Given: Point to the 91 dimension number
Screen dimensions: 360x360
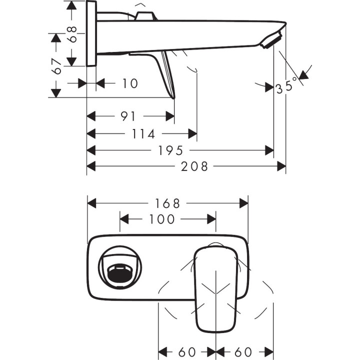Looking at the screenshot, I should click(x=128, y=116).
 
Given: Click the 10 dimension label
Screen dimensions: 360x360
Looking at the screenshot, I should click(x=129, y=83).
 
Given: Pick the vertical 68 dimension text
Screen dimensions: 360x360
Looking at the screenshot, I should click(x=73, y=34).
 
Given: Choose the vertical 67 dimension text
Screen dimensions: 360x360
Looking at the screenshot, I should click(x=56, y=66).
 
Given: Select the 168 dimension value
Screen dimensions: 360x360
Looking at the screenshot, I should click(x=167, y=203).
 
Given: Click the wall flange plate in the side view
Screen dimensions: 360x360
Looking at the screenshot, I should click(x=91, y=33).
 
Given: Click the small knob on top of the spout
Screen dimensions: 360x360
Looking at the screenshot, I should click(x=145, y=15).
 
